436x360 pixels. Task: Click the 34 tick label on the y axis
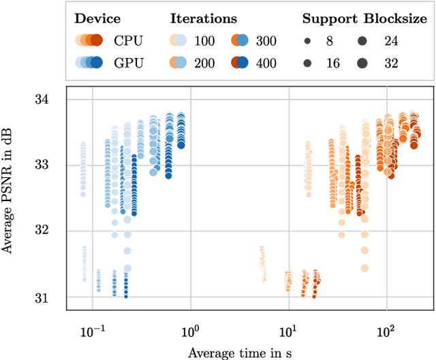(x=50, y=100)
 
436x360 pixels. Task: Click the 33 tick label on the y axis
(x=50, y=165)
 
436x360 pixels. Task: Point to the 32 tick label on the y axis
(x=50, y=230)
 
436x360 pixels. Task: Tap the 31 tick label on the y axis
(x=50, y=297)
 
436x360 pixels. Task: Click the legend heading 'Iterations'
(x=204, y=18)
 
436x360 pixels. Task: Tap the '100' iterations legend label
(x=204, y=40)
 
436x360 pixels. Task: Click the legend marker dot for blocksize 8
(x=307, y=41)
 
